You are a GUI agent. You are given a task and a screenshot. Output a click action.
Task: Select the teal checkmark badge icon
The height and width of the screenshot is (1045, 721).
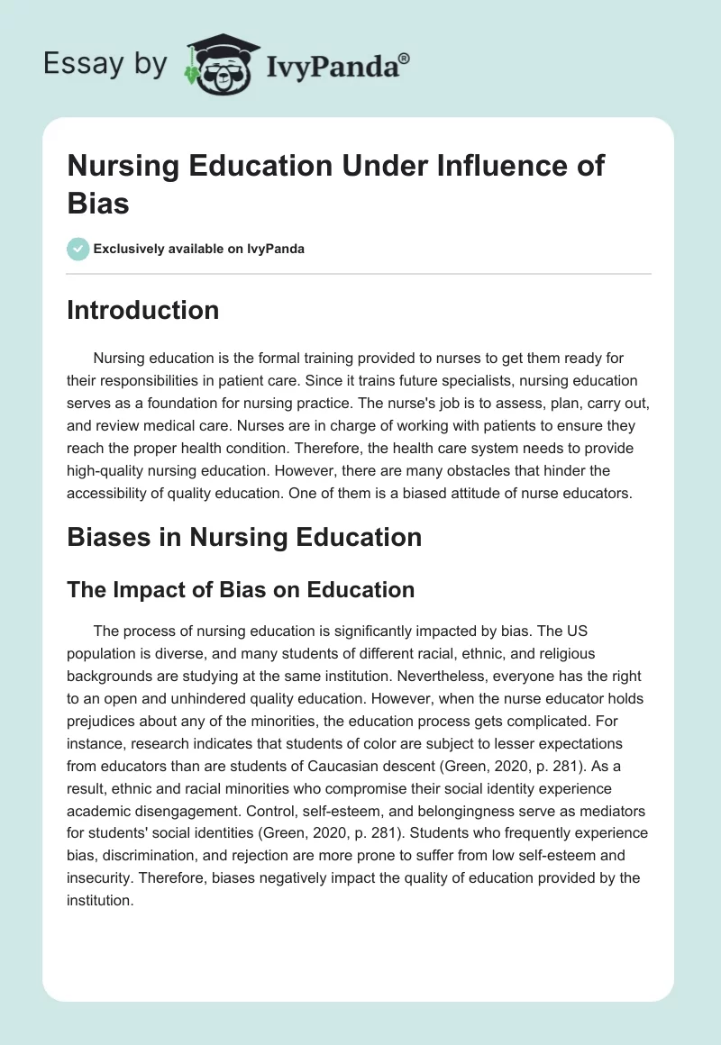(x=78, y=249)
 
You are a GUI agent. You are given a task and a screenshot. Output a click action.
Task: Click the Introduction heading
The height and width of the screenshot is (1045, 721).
(x=143, y=310)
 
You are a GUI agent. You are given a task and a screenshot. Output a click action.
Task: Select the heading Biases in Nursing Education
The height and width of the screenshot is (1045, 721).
(x=244, y=537)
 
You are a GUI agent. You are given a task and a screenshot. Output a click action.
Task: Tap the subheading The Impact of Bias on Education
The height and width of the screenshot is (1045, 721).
(x=241, y=590)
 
